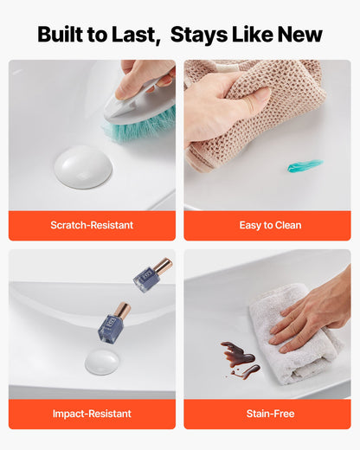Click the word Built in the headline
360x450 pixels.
point(60,35)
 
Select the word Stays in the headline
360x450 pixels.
point(199,35)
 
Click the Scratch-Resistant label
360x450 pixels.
point(92,225)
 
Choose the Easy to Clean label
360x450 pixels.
point(270,225)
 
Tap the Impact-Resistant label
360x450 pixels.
point(92,414)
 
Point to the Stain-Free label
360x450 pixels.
point(270,414)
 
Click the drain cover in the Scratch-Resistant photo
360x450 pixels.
point(83,167)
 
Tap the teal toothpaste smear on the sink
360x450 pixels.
point(305,165)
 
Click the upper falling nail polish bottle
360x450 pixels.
point(152,275)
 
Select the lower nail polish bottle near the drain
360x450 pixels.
point(114,324)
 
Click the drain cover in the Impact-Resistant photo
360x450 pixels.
point(101,362)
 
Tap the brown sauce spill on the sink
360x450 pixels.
point(240,357)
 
